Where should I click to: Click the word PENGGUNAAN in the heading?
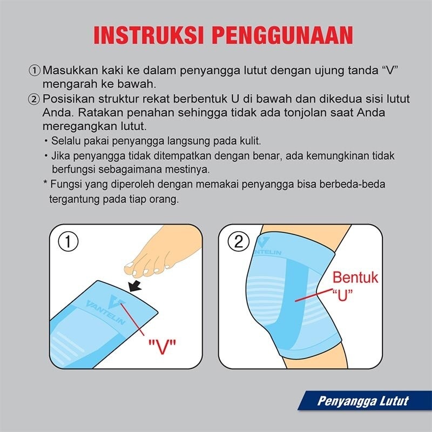[282, 35]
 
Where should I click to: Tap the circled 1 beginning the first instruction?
[35, 71]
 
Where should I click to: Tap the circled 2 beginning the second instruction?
[35, 99]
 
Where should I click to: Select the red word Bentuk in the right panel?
[355, 278]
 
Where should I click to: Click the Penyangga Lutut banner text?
[362, 401]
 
